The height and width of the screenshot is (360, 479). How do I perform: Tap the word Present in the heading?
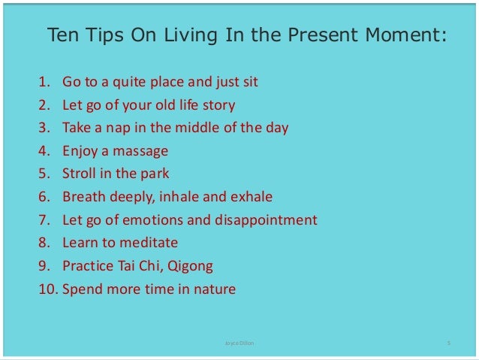(321, 35)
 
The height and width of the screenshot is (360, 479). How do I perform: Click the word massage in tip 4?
(141, 150)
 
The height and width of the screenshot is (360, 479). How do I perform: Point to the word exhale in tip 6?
(252, 197)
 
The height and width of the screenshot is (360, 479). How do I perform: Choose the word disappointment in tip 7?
(267, 221)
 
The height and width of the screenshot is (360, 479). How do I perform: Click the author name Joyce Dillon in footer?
(239, 343)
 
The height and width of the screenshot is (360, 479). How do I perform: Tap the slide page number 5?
(448, 343)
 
